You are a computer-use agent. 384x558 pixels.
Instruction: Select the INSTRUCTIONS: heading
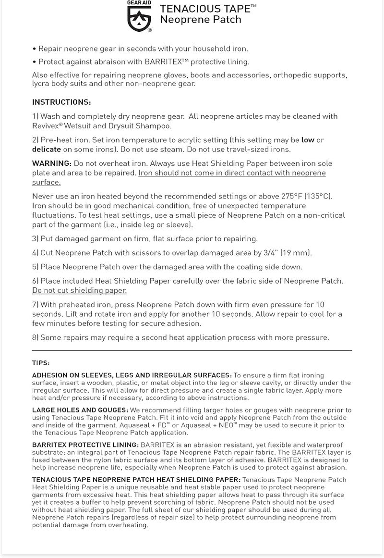(x=61, y=102)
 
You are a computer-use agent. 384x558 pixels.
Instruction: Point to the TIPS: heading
(x=41, y=363)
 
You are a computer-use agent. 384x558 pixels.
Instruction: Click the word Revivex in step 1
(x=46, y=126)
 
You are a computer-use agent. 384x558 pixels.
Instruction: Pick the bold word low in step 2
(x=308, y=140)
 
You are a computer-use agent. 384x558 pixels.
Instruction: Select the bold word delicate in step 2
(x=47, y=149)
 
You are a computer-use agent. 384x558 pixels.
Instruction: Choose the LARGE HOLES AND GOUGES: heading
(x=80, y=409)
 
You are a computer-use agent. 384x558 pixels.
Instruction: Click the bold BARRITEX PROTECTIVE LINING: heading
(x=85, y=445)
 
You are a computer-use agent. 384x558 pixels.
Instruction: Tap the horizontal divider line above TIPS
(x=192, y=350)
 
